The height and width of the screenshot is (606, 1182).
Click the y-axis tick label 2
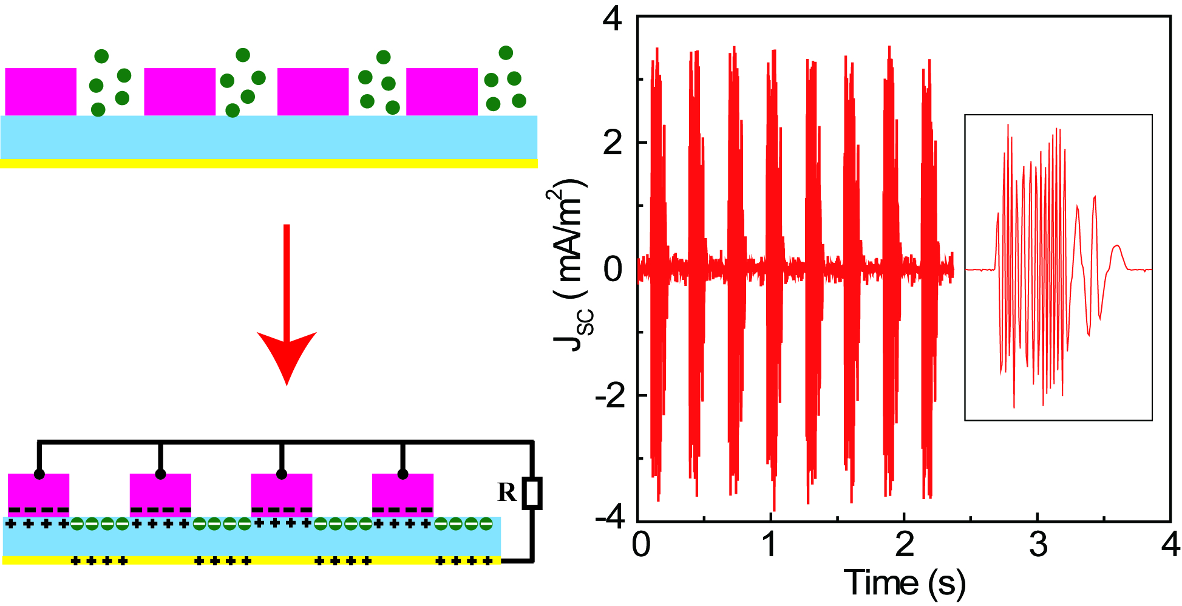[613, 143]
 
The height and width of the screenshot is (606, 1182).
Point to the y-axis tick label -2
[608, 397]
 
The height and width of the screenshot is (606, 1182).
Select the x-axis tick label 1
[770, 545]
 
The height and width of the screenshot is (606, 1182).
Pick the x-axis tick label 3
[1038, 545]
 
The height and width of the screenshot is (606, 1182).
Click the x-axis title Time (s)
[904, 583]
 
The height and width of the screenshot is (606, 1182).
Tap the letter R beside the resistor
[507, 492]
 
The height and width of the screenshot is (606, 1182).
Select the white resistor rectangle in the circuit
[532, 493]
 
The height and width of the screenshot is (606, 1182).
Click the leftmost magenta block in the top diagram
[41, 91]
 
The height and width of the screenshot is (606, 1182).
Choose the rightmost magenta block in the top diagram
[442, 91]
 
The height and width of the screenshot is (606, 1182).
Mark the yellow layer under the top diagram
[268, 163]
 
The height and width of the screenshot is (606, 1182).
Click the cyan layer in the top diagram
[268, 137]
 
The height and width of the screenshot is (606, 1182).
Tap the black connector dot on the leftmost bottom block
[39, 474]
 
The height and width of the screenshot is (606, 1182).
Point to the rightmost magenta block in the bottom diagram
[402, 492]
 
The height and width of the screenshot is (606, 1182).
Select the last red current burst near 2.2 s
[926, 267]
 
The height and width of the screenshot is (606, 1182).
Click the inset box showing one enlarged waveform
[1058, 267]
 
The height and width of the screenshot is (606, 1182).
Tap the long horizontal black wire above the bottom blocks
[285, 442]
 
